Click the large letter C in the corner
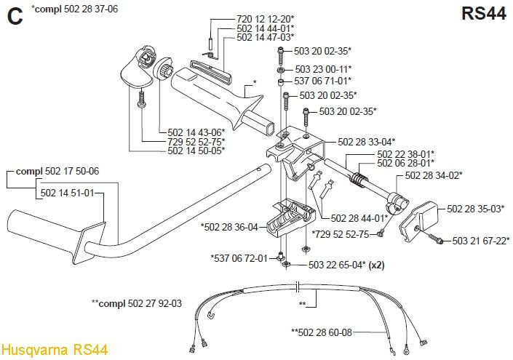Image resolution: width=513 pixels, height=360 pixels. (15, 16)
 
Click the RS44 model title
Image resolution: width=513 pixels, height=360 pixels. (484, 14)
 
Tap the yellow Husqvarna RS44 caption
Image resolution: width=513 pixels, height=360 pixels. (55, 350)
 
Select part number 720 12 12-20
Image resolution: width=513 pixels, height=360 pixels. (266, 19)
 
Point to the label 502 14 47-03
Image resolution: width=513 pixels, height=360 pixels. (266, 37)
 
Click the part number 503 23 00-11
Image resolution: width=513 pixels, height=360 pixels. (323, 69)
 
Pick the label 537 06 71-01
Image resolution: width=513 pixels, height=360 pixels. (323, 81)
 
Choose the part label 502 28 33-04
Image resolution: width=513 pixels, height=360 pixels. (367, 142)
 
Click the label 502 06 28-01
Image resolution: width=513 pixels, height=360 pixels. (406, 162)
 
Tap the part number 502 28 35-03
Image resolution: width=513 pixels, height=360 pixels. (475, 208)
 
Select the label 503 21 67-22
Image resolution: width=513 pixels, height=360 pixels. (481, 241)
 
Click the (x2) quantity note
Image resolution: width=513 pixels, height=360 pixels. (377, 265)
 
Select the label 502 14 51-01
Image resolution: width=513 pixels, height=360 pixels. (67, 193)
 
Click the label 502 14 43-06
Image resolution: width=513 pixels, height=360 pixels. (196, 132)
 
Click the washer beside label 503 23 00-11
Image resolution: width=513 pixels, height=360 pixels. (281, 70)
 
